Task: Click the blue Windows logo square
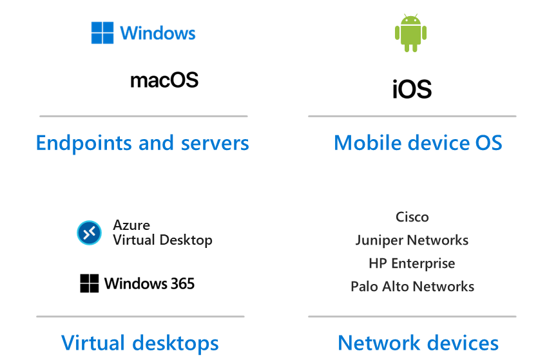[102, 33]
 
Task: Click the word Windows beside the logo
[158, 33]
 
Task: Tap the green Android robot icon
[410, 33]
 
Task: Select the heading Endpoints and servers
[142, 142]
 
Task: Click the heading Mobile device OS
[418, 142]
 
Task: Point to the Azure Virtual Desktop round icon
[89, 232]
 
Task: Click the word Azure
[131, 225]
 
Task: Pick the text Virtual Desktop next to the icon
[162, 240]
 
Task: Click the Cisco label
[412, 217]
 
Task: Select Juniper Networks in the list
[412, 240]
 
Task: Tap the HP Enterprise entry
[412, 263]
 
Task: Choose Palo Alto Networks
[412, 287]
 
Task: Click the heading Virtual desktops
[140, 342]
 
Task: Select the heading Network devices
[418, 342]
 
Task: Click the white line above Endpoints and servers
[143, 117]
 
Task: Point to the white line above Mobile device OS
[412, 117]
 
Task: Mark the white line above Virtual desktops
[140, 316]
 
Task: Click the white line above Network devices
[412, 316]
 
